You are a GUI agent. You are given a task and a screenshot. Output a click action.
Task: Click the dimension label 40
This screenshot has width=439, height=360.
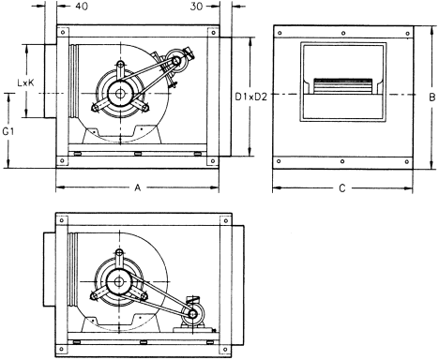pyautogui.click(x=82, y=7)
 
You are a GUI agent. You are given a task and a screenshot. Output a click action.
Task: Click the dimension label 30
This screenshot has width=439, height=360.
pyautogui.click(x=196, y=7)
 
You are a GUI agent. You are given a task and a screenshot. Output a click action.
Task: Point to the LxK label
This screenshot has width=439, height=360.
pyautogui.click(x=25, y=82)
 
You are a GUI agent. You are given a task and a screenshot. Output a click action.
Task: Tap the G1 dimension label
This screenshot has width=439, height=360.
pyautogui.click(x=8, y=131)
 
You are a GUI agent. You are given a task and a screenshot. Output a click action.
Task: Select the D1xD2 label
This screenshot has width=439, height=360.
pyautogui.click(x=251, y=97)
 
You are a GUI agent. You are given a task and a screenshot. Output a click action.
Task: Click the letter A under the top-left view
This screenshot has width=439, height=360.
pyautogui.click(x=138, y=187)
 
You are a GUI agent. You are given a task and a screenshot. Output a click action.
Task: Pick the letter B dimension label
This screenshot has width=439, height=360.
pyautogui.click(x=431, y=97)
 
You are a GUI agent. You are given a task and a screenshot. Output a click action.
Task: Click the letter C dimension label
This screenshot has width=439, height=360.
pyautogui.click(x=342, y=188)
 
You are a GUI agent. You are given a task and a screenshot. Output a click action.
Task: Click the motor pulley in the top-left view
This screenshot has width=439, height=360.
pyautogui.click(x=176, y=61)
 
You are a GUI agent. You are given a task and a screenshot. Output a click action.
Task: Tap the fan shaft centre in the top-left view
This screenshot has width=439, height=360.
pyautogui.click(x=119, y=93)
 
